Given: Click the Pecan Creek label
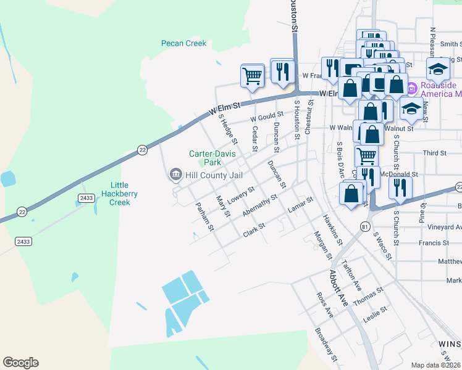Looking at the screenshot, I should (183, 43).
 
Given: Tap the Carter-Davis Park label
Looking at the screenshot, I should (204, 158).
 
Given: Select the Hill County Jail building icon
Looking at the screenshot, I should (175, 176).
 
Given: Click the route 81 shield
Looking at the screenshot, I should (366, 228).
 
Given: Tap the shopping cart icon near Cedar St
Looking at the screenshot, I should (252, 76).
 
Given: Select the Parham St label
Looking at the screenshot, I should (204, 216).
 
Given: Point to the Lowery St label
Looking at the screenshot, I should (241, 196).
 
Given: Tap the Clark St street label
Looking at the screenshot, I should (254, 231).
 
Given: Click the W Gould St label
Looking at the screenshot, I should (266, 116).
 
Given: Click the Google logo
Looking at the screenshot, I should (20, 363).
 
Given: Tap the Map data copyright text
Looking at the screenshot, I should (435, 365).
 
